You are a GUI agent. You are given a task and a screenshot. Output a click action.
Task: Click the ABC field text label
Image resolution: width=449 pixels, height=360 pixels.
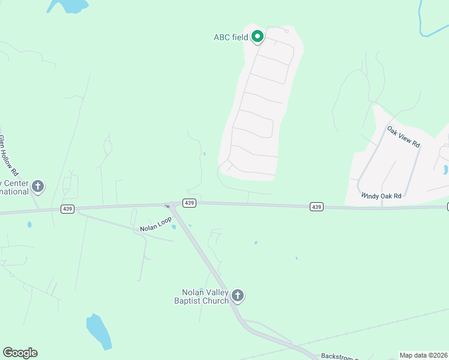point(231,37)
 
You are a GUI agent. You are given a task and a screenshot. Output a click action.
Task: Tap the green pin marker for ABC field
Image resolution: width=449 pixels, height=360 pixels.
point(258,37)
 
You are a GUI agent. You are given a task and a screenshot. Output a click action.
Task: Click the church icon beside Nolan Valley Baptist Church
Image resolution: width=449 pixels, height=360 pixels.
point(238,295)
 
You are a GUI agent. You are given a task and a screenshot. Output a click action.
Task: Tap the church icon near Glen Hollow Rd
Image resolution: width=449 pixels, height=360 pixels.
point(38,186)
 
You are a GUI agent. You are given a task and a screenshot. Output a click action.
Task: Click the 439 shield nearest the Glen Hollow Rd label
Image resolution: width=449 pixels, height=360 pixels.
point(67,209)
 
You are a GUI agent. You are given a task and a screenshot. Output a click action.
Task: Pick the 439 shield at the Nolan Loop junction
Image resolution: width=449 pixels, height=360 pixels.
point(189,203)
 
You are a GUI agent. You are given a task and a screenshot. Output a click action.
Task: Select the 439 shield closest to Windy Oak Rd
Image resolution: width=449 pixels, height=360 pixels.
point(317,206)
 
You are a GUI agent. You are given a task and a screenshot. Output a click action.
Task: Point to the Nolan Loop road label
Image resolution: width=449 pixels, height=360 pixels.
point(155,224)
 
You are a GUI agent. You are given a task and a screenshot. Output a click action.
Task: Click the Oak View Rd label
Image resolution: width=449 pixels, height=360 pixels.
point(403,136)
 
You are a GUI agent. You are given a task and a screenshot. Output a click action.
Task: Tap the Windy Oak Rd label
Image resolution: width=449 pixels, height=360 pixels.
point(381,196)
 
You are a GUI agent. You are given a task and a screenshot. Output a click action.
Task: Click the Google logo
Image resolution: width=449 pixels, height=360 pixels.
point(20,353)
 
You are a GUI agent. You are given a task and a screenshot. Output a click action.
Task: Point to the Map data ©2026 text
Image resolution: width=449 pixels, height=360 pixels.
point(423,355)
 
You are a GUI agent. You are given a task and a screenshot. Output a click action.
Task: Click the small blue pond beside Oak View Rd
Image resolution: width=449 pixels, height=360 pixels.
point(445,169)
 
